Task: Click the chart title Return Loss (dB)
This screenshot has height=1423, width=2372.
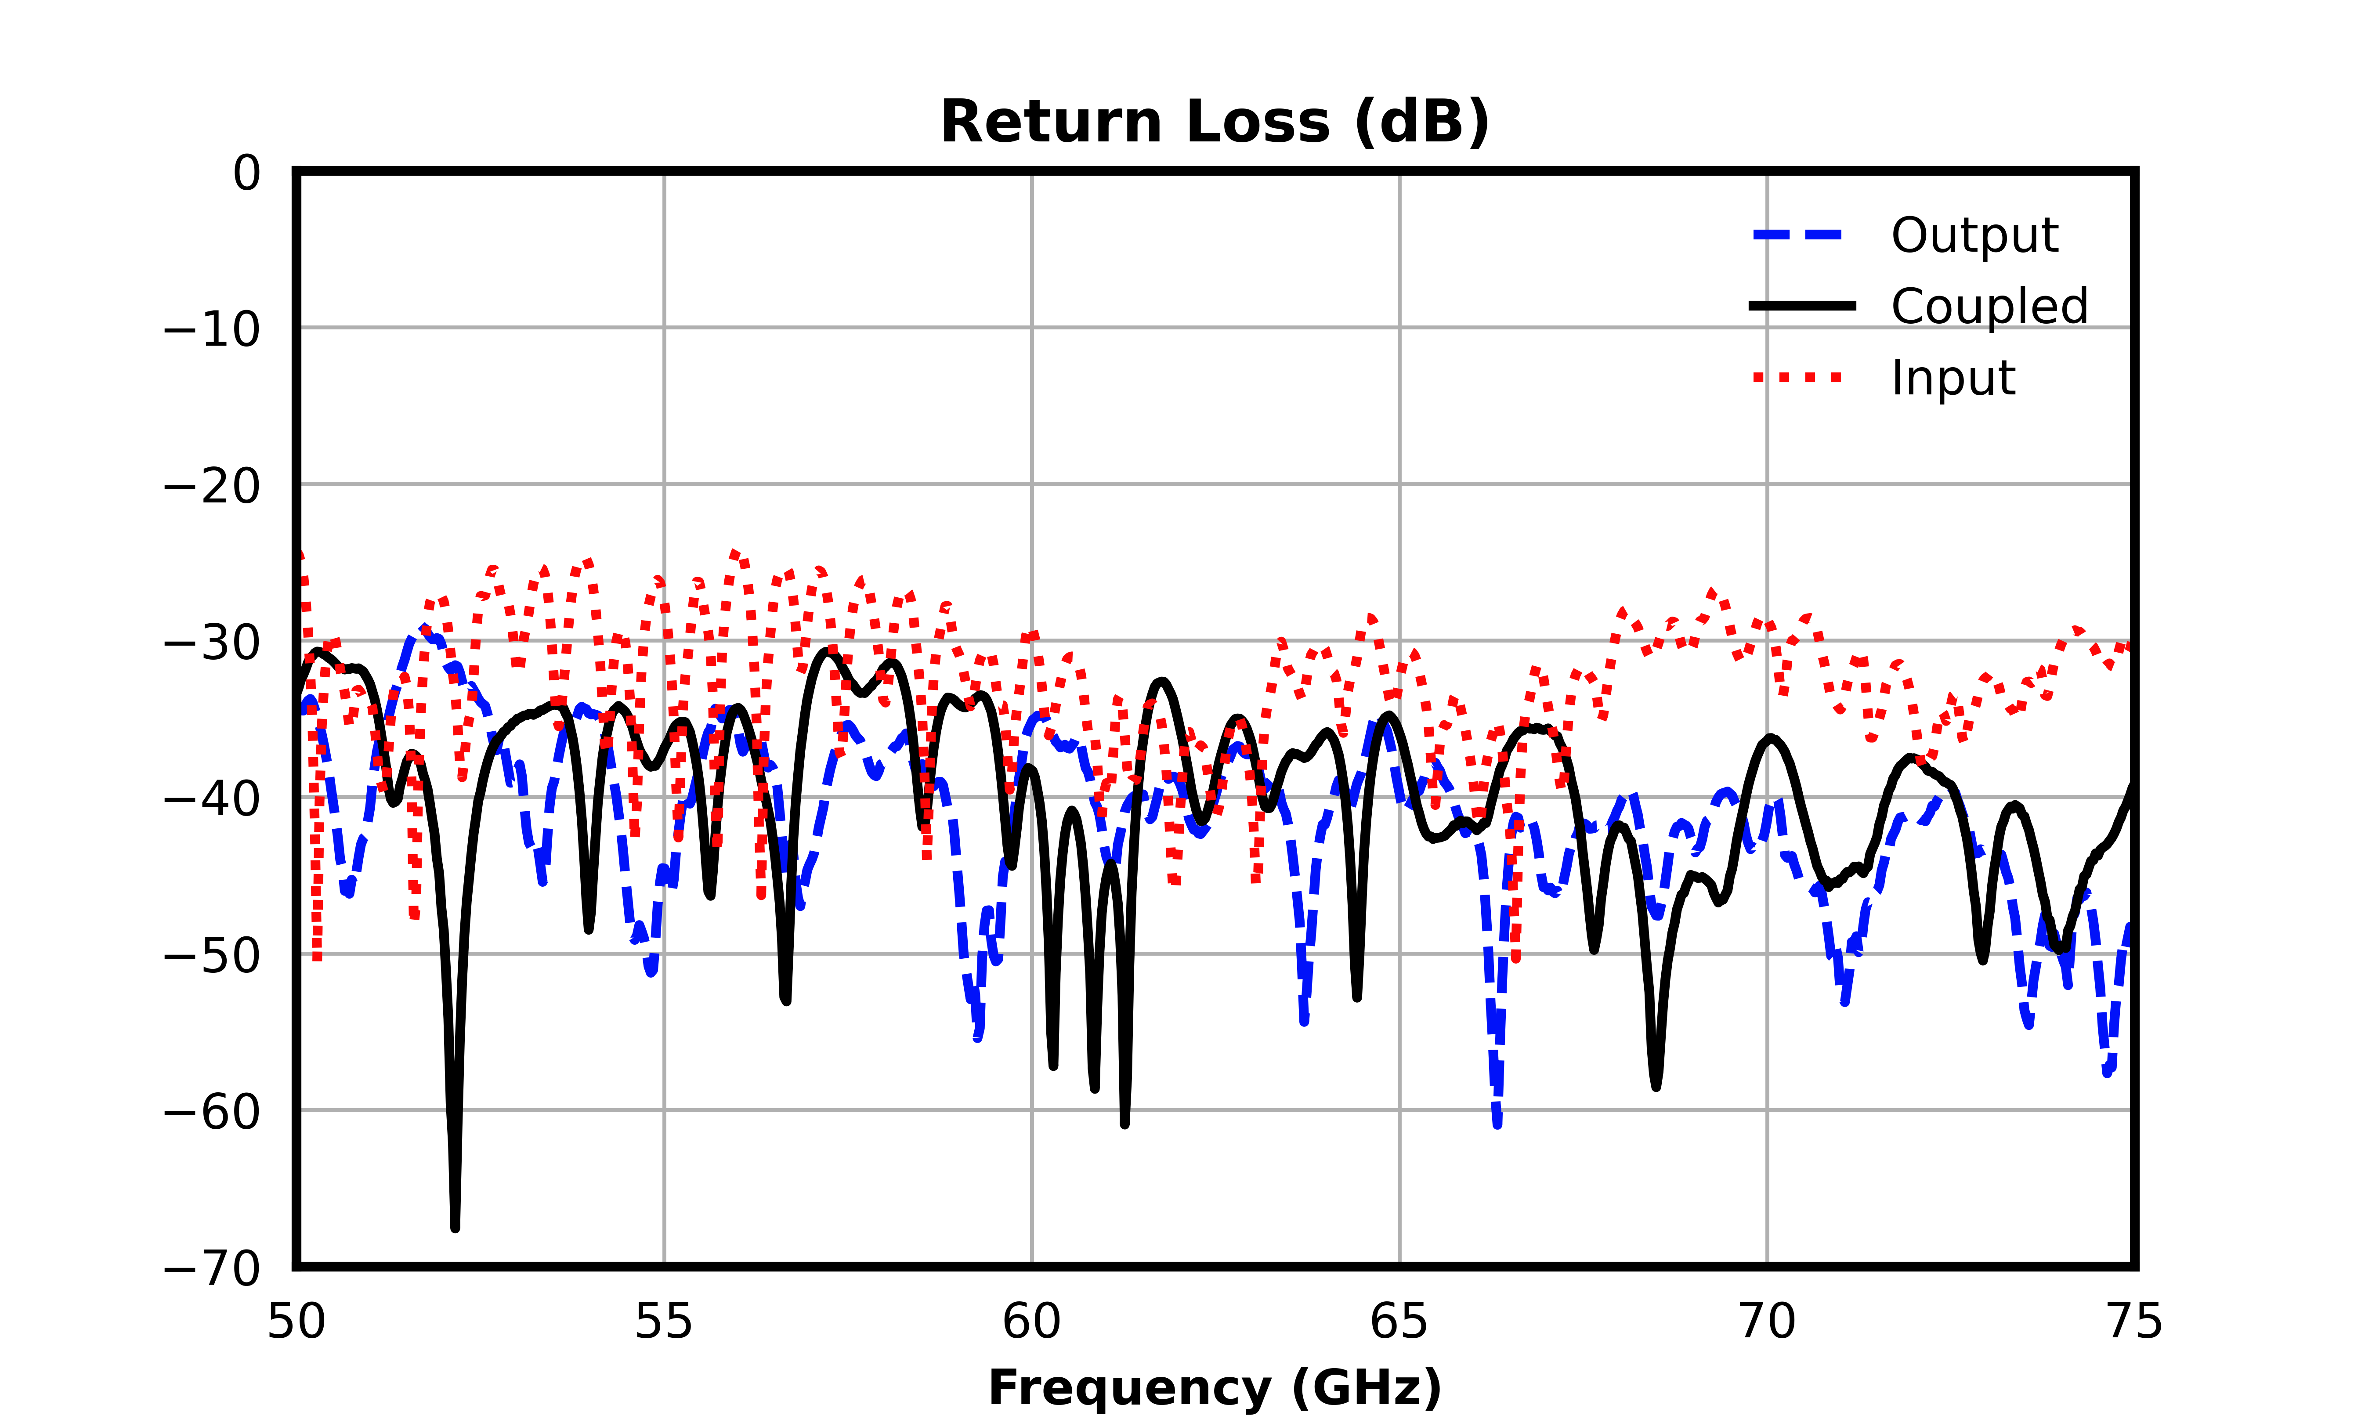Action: pyautogui.click(x=1215, y=123)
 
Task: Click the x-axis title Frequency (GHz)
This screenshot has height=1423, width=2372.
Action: pyautogui.click(x=1215, y=1388)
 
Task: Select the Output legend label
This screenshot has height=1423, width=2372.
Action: pyautogui.click(x=1974, y=236)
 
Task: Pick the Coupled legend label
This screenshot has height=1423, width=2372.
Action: pyautogui.click(x=1989, y=307)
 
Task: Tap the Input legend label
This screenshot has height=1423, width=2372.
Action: pyautogui.click(x=1953, y=378)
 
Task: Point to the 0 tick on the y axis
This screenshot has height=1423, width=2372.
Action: pyautogui.click(x=247, y=174)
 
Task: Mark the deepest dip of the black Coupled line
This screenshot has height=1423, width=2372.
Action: pyautogui.click(x=456, y=1228)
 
